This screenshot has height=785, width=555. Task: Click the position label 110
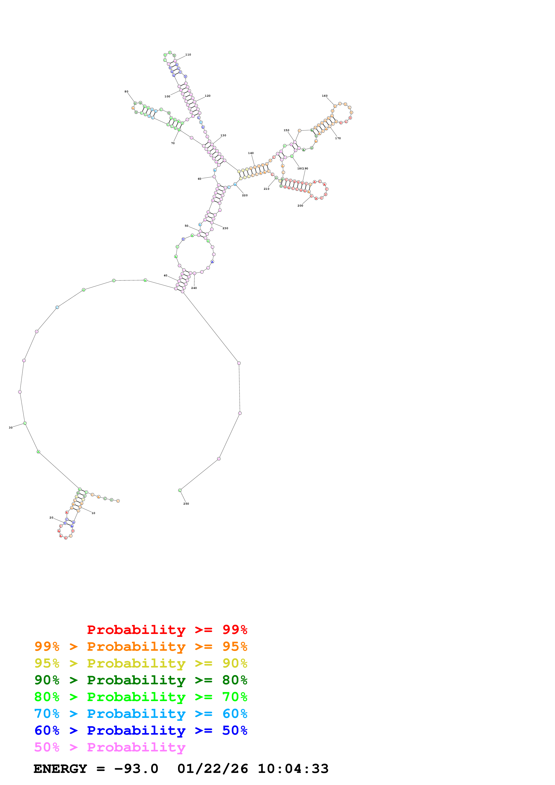[x=188, y=55]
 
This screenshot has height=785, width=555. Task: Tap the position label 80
[x=126, y=92]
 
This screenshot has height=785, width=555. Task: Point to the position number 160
[x=325, y=96]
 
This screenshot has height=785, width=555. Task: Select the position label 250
[x=186, y=504]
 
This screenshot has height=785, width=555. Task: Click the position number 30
[x=11, y=428]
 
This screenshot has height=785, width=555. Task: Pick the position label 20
[x=51, y=518]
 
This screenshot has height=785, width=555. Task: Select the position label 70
[x=173, y=143]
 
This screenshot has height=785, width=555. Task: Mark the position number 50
[x=186, y=226]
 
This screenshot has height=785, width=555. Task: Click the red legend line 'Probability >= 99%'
[x=167, y=630]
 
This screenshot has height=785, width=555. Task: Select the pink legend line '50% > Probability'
[x=109, y=747]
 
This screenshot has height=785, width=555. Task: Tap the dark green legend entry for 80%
[x=141, y=680]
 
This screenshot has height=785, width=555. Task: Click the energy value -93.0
[x=136, y=769]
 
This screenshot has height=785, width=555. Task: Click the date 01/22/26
[x=213, y=769]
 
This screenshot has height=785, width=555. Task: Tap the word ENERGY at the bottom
[x=60, y=769]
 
